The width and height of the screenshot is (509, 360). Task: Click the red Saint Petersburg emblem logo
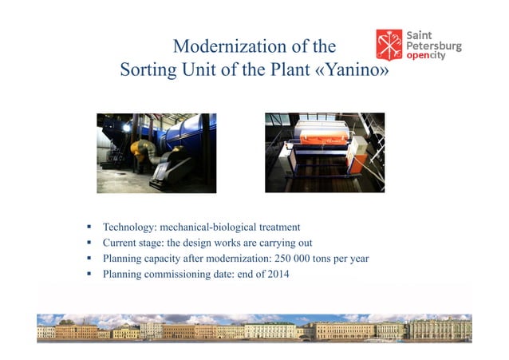389,45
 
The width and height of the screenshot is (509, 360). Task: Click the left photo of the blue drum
156,152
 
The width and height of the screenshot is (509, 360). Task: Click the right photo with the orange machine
325,152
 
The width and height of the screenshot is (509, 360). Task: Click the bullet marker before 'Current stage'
90,243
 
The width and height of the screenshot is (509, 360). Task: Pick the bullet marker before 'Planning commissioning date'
90,275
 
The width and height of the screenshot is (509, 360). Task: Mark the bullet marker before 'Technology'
90,227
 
